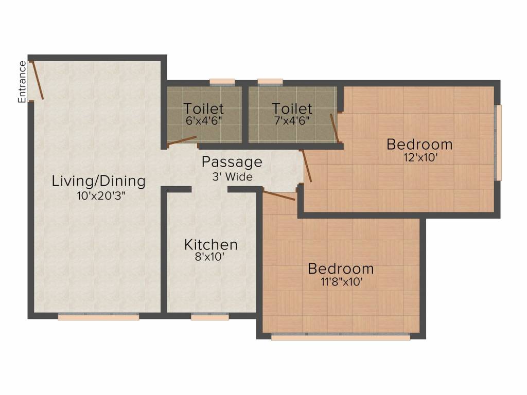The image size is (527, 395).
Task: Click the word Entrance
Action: point(22,82)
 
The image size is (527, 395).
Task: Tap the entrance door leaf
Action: point(37,80)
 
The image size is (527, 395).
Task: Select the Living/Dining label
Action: point(99,181)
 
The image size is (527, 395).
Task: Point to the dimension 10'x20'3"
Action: point(98,195)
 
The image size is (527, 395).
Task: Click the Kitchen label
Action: point(211,244)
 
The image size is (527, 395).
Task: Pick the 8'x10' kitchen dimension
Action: point(211,258)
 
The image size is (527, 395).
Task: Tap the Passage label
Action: point(232,162)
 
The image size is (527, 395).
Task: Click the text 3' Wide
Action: point(232,177)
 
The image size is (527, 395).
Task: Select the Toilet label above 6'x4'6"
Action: point(204,109)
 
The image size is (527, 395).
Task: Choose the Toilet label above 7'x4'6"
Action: point(292,109)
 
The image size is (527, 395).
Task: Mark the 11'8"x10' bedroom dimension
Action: point(341,282)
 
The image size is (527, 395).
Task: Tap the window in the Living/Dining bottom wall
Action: point(98,317)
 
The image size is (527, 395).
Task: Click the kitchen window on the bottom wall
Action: point(209,317)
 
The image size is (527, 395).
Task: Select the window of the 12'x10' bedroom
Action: point(498,143)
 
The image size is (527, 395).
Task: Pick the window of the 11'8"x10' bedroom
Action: point(341,337)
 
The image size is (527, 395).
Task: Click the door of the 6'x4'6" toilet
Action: point(182,140)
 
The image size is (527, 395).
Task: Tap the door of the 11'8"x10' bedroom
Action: point(279,195)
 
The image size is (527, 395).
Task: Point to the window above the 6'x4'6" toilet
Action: point(222,81)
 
